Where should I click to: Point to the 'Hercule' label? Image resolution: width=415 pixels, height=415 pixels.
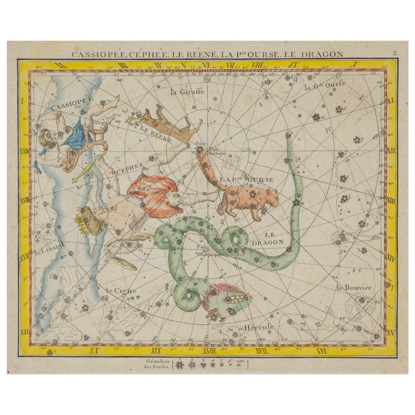259,327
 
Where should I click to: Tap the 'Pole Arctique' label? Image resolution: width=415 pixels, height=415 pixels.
217,150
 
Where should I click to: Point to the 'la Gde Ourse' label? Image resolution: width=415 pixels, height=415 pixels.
320,87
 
